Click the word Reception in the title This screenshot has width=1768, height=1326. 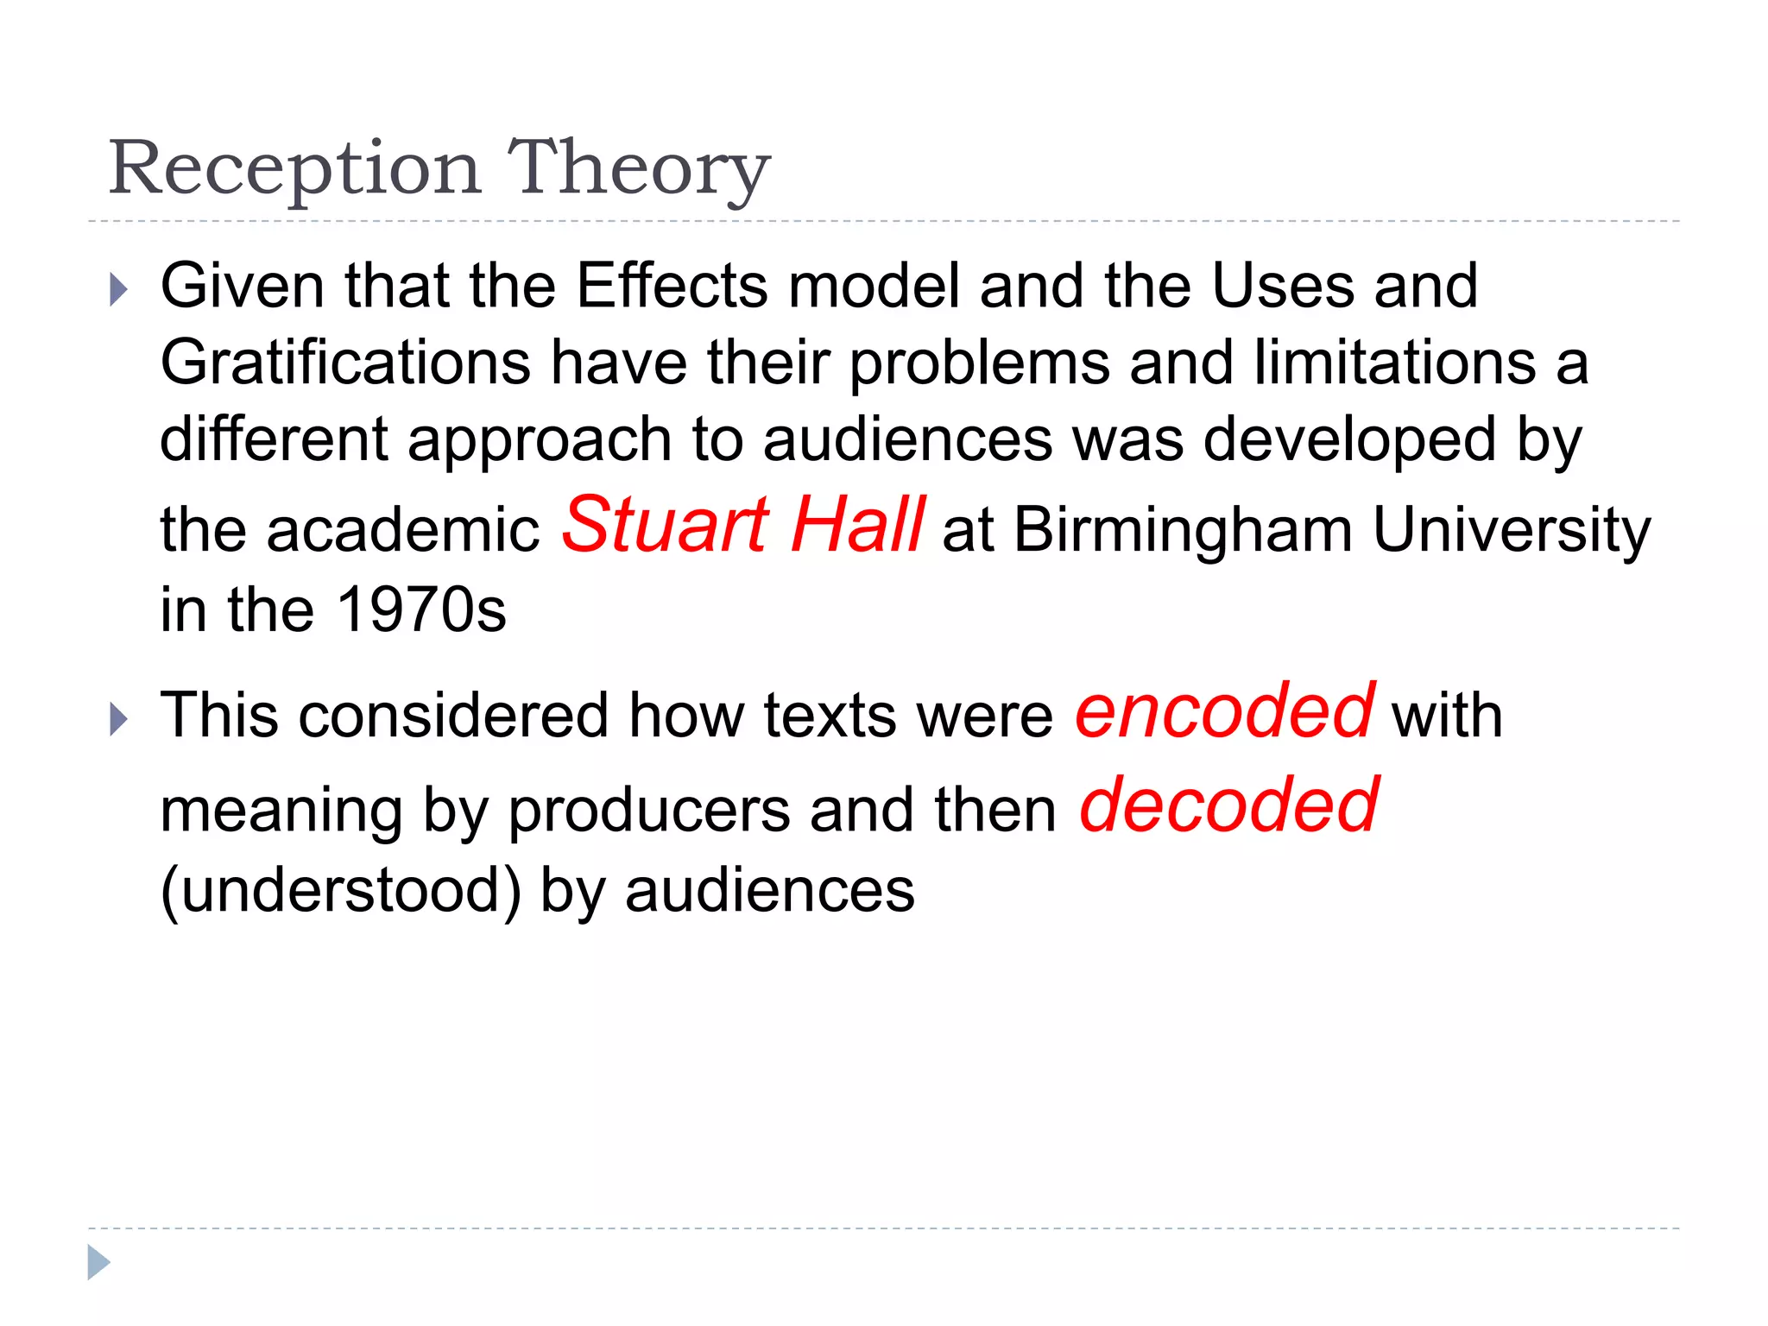click(294, 168)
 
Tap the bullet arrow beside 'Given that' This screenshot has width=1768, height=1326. click(119, 290)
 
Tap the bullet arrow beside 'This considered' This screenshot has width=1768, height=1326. click(119, 719)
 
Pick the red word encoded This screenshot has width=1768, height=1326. click(1224, 711)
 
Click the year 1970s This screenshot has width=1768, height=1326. click(420, 610)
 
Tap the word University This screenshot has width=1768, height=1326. click(1511, 531)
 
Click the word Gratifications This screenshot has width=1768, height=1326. click(345, 362)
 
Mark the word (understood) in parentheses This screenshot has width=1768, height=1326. click(341, 890)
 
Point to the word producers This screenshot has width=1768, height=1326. click(648, 811)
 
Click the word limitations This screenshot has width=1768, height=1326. click(1394, 362)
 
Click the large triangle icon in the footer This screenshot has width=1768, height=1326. click(98, 1262)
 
